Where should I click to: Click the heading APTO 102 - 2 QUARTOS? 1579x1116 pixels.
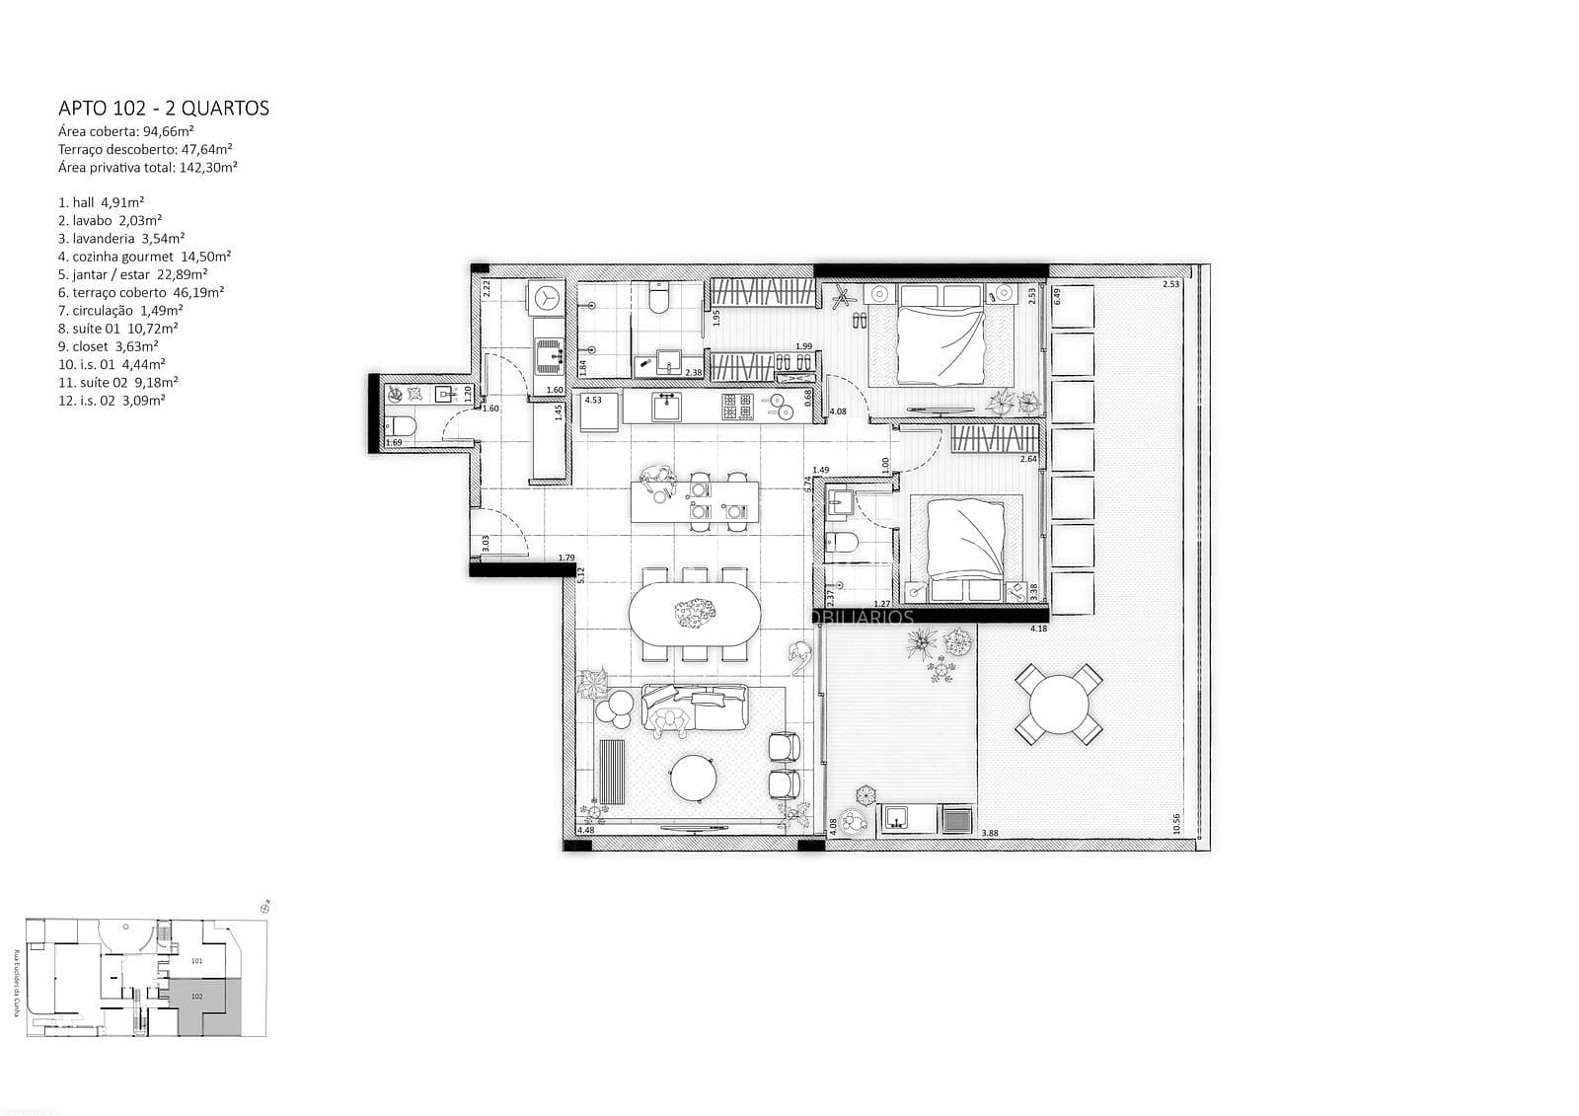[164, 109]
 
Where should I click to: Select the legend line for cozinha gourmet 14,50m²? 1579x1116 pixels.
[144, 257]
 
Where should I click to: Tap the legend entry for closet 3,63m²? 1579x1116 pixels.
[108, 346]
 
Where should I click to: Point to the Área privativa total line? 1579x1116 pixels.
[147, 168]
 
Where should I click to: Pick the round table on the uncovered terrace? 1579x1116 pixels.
[1058, 705]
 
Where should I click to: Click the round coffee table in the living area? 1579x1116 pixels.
[693, 780]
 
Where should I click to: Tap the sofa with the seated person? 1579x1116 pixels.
[695, 708]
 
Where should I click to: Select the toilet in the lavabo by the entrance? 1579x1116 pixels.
[402, 426]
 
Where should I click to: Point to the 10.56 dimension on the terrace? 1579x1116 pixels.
[1176, 823]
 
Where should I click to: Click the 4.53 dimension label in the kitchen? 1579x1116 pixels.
[593, 401]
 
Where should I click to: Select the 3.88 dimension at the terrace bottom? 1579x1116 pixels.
[990, 834]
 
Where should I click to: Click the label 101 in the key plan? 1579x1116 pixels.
[196, 960]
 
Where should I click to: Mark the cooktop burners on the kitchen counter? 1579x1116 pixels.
[737, 407]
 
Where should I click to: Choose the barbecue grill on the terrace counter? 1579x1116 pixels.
[956, 820]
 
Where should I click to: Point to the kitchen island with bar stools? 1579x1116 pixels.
[695, 501]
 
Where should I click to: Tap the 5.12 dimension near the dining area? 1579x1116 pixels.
[582, 574]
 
